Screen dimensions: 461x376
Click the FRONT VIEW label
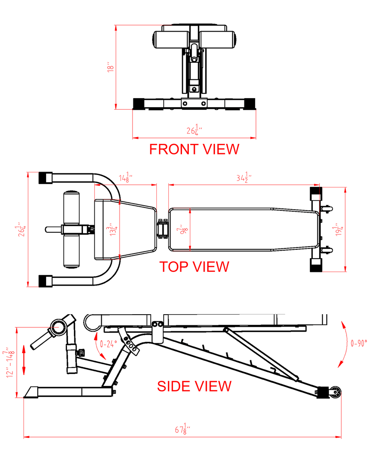[194, 149]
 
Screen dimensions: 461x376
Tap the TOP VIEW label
[194, 267]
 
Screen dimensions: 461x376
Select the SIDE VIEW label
[194, 386]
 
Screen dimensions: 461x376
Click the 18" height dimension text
[110, 67]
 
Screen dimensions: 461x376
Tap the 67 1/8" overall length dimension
[182, 429]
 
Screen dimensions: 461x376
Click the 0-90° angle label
[358, 343]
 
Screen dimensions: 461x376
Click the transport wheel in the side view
[335, 392]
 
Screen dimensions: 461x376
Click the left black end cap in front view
[138, 104]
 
